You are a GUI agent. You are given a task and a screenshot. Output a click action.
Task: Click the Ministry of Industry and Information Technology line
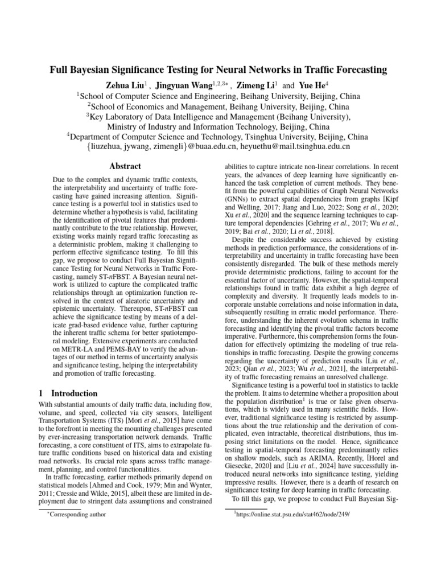click(218, 126)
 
